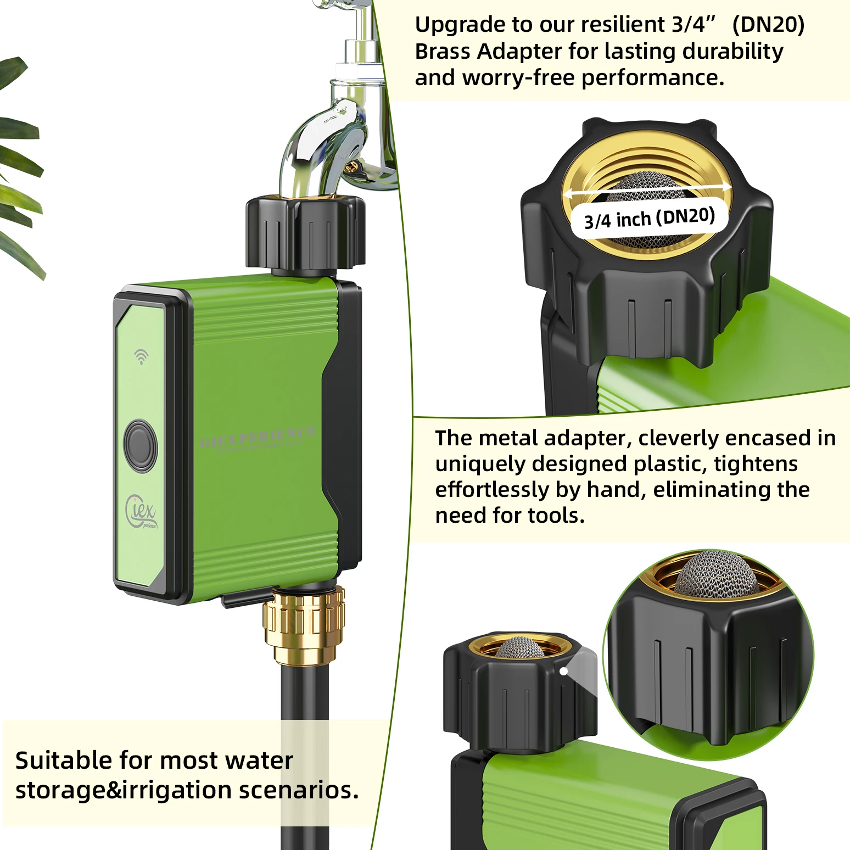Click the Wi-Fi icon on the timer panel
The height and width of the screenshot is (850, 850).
pyautogui.click(x=141, y=356)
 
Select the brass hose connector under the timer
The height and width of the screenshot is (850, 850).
pyautogui.click(x=304, y=624)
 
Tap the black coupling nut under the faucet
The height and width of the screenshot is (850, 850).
pyautogui.click(x=305, y=233)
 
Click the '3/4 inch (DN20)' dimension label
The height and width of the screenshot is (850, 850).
pyautogui.click(x=650, y=218)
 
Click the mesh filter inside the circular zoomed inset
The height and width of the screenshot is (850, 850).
pyautogui.click(x=716, y=573)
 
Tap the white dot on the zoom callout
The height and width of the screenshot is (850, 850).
pyautogui.click(x=563, y=671)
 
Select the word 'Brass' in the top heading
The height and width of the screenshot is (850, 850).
pyautogui.click(x=443, y=52)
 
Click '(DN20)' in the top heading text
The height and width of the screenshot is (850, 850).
pyautogui.click(x=768, y=25)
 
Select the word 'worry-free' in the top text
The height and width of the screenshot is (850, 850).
pyautogui.click(x=521, y=78)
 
